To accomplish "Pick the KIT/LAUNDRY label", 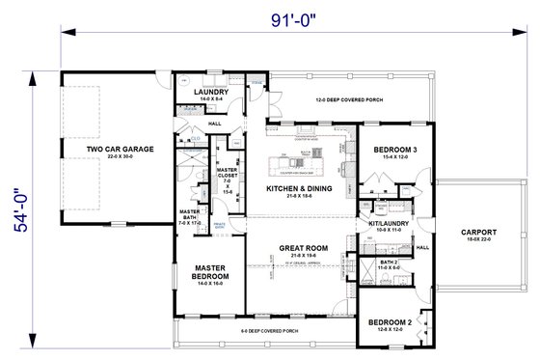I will [386, 224].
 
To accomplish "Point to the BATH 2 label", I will [389, 263].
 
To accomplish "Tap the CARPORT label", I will [478, 232].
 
